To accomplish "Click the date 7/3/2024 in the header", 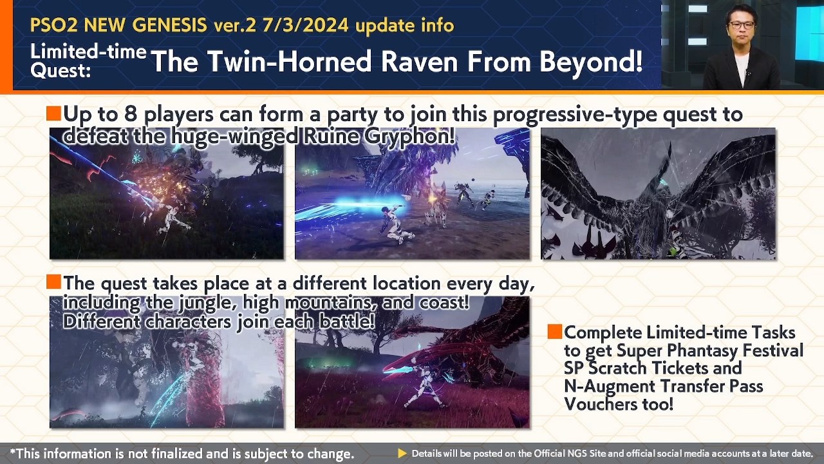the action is pyautogui.click(x=306, y=25).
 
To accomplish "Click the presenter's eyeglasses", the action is pyautogui.click(x=742, y=25).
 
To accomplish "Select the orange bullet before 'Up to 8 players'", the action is pyautogui.click(x=53, y=113).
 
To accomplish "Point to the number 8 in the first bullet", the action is pyautogui.click(x=131, y=114).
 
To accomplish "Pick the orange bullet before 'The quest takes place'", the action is pyautogui.click(x=53, y=282).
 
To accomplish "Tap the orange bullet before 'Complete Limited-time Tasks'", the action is pyautogui.click(x=555, y=331).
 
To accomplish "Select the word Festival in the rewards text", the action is pyautogui.click(x=773, y=350).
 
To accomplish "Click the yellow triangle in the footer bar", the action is pyautogui.click(x=402, y=453).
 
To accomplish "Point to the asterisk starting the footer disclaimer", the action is pyautogui.click(x=13, y=452).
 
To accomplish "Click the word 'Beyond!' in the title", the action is pyautogui.click(x=591, y=61).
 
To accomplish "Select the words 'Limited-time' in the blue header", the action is pyautogui.click(x=88, y=51).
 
